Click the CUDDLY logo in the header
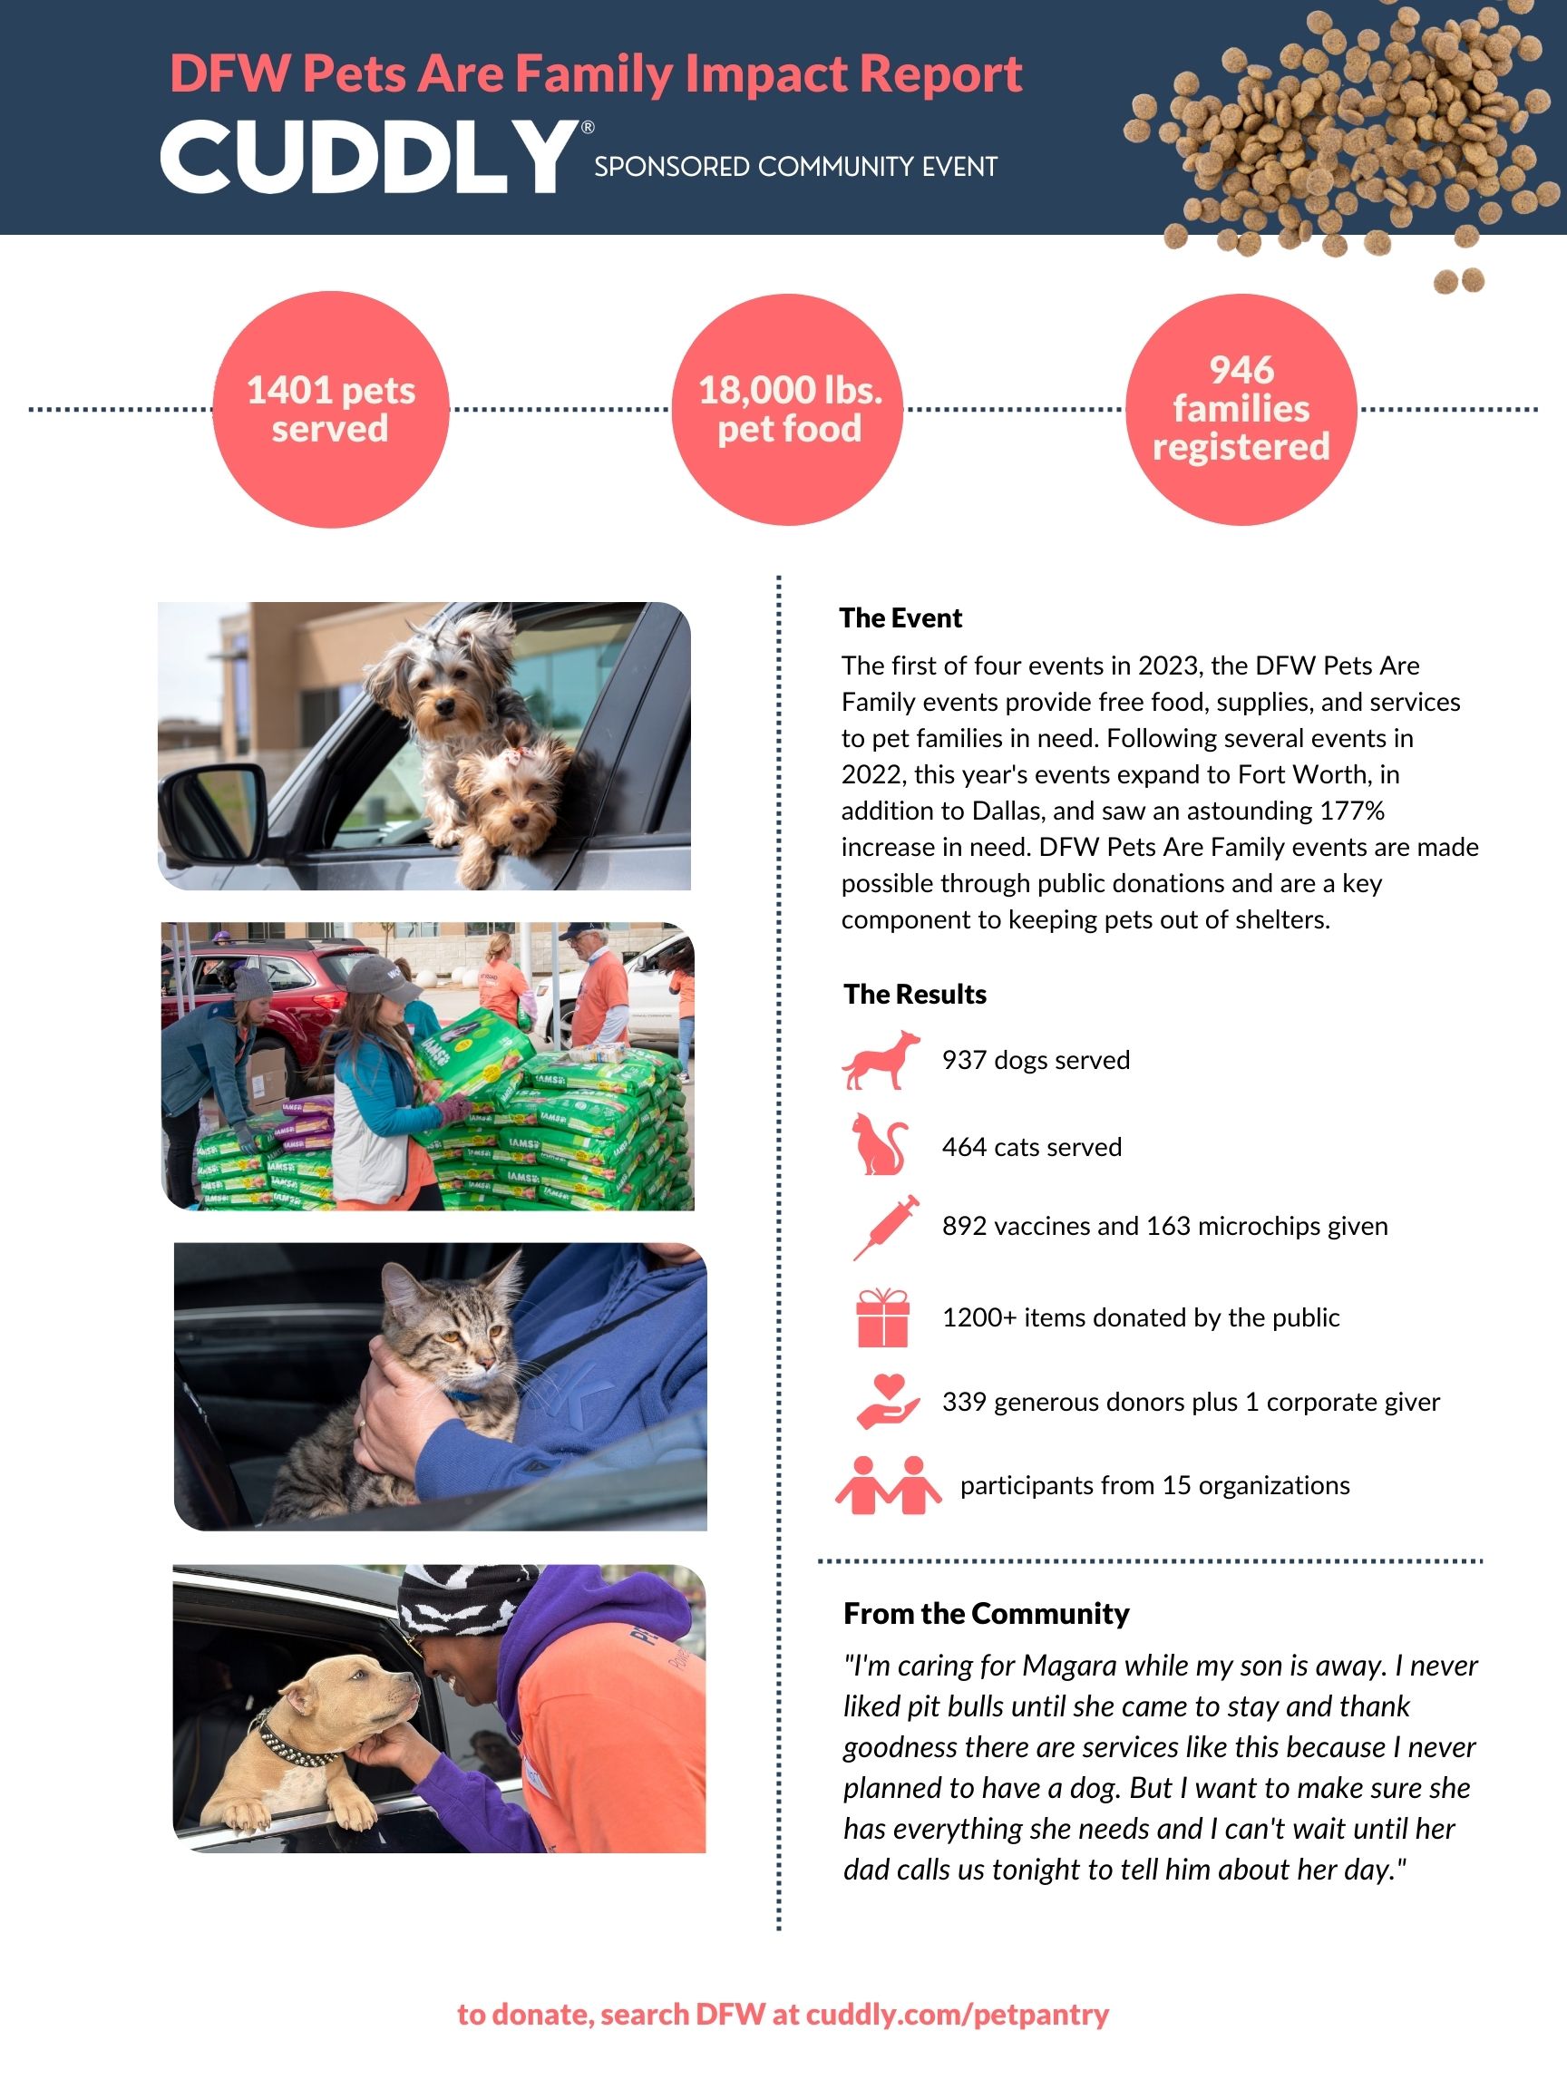coord(368,157)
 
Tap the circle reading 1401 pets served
coord(331,409)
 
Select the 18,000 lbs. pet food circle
coord(788,409)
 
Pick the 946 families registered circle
coord(1241,409)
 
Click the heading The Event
coord(900,617)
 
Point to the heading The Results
coord(914,994)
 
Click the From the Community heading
coord(985,1613)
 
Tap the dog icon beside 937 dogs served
coord(881,1060)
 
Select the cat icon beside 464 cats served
coord(880,1144)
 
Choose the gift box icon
coord(882,1317)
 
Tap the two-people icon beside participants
coord(888,1484)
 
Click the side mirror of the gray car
coord(213,811)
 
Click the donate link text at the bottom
coord(783,2015)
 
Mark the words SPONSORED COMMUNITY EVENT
coord(795,167)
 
